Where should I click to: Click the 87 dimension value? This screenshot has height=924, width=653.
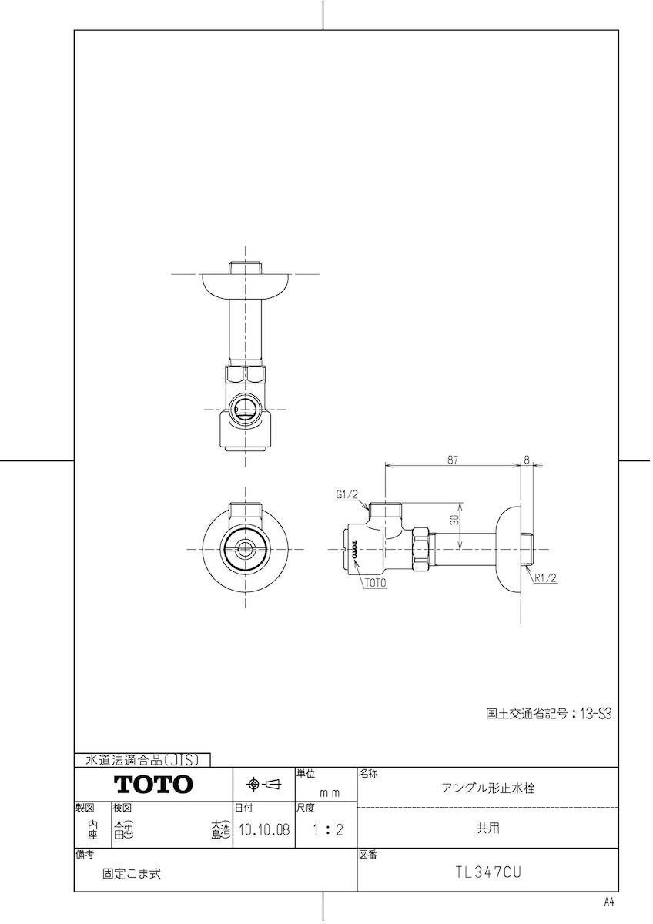452,459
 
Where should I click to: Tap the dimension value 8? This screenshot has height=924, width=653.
527,459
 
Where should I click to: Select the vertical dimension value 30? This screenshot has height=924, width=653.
455,521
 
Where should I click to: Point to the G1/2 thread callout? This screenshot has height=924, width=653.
347,496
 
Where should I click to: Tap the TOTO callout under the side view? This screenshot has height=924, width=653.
376,584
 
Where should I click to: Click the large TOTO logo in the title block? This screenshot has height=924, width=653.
153,785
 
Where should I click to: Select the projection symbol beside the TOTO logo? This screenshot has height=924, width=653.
263,785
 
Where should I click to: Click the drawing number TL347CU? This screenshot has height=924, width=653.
487,873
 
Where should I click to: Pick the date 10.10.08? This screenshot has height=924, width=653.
263,831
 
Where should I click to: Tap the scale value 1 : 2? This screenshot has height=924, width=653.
326,831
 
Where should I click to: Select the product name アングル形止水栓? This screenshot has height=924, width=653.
487,788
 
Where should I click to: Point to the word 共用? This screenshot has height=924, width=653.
487,829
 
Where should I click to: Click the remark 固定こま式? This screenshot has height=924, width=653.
132,874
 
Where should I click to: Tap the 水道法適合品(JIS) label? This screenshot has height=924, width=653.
143,760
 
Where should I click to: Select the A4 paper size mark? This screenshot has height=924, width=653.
609,902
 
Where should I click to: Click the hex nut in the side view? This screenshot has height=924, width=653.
421,549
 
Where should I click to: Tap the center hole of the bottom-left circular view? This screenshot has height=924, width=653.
245,549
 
